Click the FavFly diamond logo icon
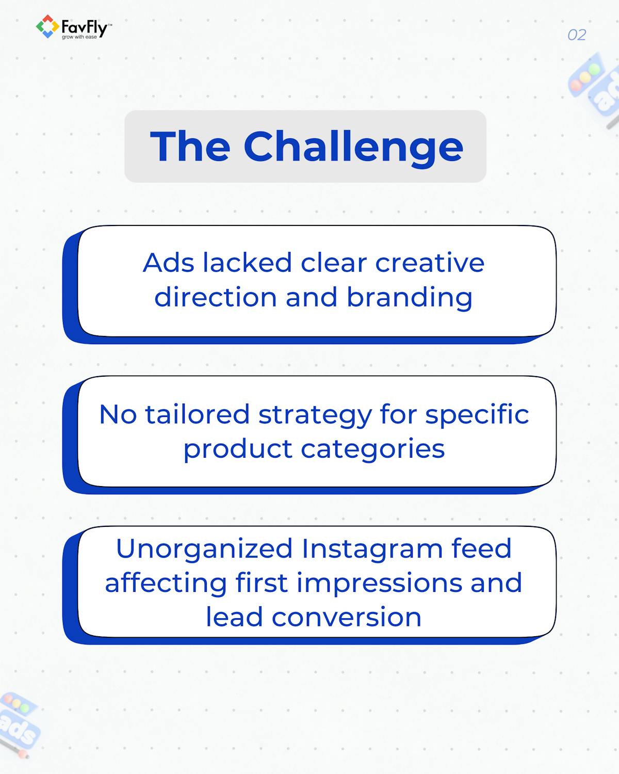pos(47,27)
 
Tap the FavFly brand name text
pos(84,26)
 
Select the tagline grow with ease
pos(79,37)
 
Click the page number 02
pos(576,35)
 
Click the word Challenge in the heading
pos(353,147)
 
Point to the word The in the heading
pos(190,147)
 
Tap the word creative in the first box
pos(430,263)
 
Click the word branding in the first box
pos(410,298)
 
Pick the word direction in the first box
pos(216,298)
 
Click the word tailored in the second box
pos(197,414)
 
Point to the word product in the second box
pos(238,449)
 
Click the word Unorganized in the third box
pos(205,549)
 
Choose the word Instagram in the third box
pos(372,549)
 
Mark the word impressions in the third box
pos(379,583)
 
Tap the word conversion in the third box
pos(347,617)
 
